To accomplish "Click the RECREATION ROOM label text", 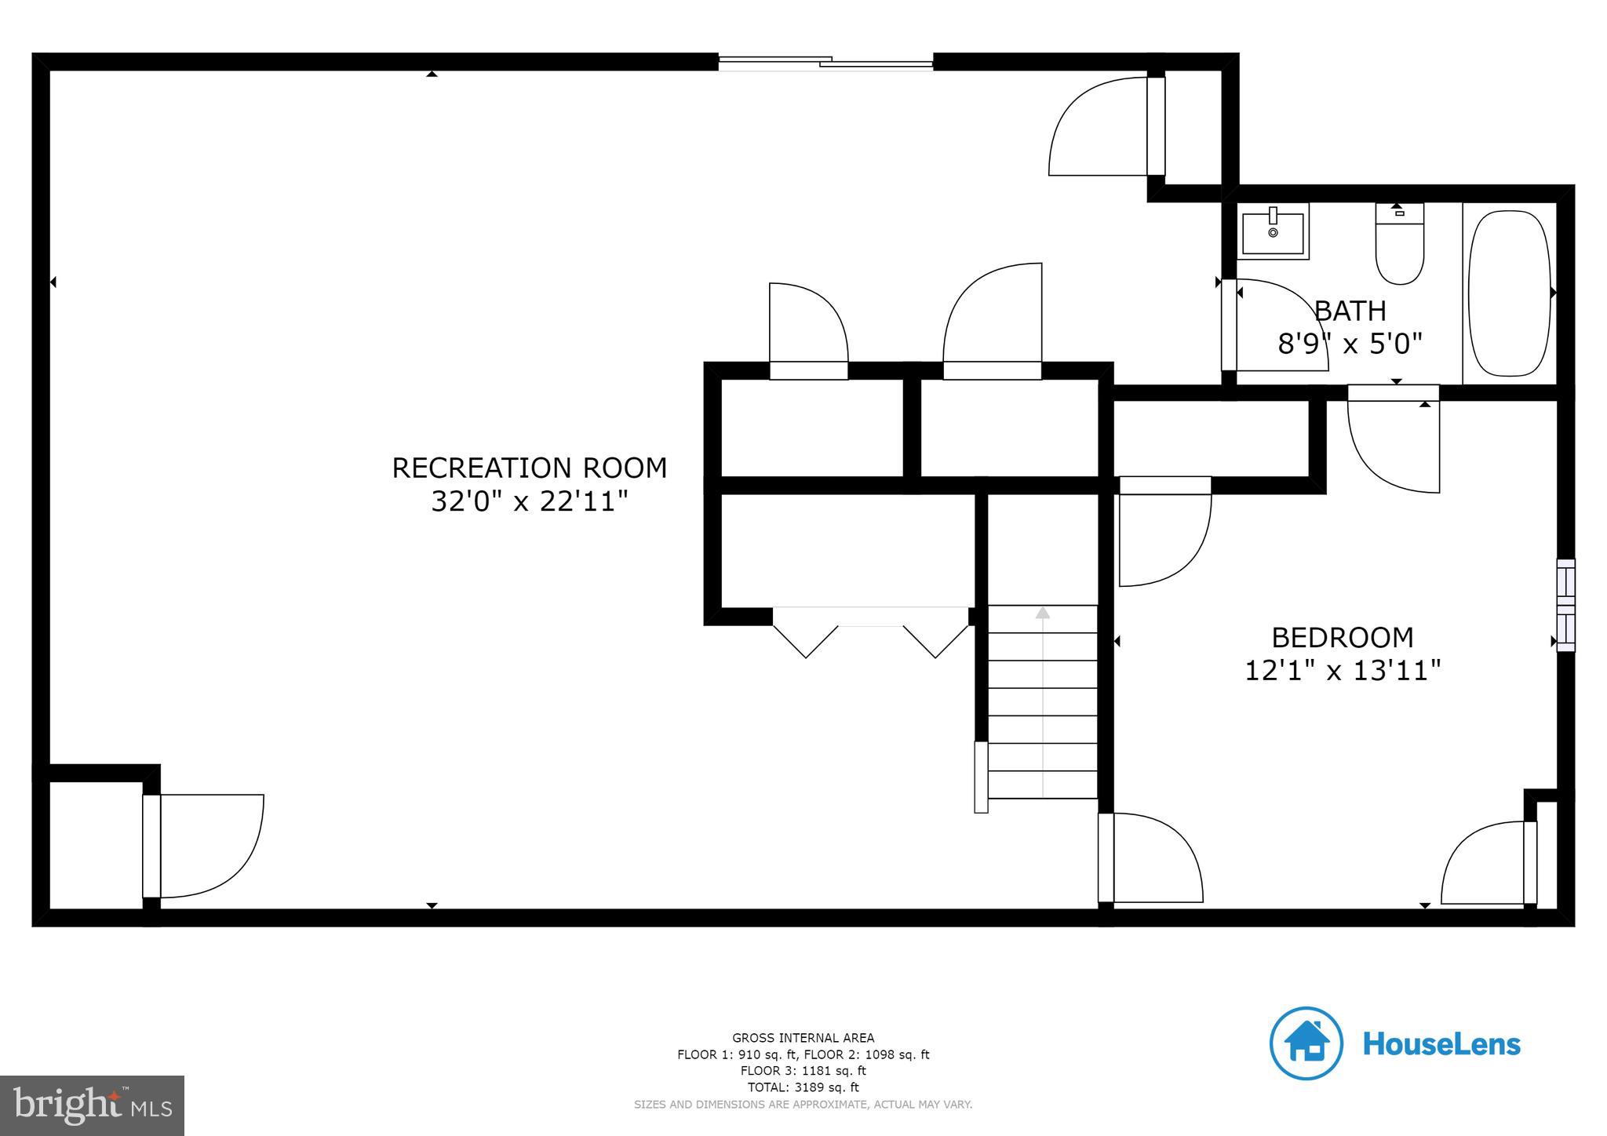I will coord(529,468).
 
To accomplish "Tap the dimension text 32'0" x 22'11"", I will coord(529,501).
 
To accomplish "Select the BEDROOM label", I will coord(1342,638).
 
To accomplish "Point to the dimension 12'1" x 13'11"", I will coord(1342,671).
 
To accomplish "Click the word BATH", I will coord(1350,311).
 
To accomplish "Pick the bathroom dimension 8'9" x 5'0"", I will coord(1350,344).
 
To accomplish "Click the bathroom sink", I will coord(1273,231).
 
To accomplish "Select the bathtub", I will coord(1510,293).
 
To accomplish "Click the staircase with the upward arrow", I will coord(1042,701).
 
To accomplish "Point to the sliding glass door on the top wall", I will coord(825,63).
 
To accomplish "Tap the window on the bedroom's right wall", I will coord(1565,605).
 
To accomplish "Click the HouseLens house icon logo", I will coord(1306,1043).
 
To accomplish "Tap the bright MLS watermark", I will coord(93,1105).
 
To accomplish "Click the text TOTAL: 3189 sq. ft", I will coord(803,1087).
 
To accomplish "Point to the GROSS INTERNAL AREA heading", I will coord(803,1038).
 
